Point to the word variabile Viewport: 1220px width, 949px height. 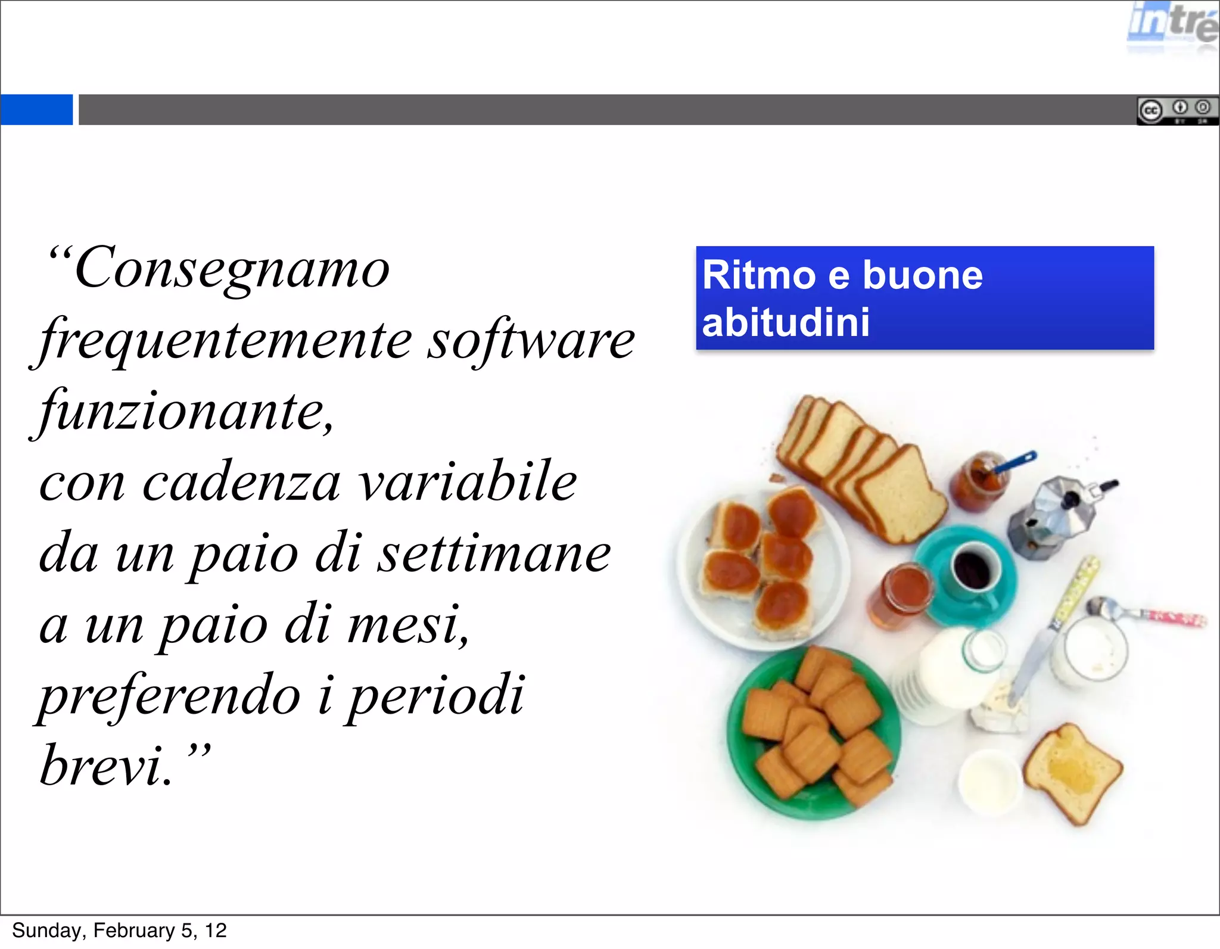point(468,483)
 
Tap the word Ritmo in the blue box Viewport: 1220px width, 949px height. point(758,275)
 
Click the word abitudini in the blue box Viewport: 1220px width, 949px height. point(786,323)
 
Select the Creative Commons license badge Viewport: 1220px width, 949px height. point(1177,110)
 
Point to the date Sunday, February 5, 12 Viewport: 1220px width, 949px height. point(119,931)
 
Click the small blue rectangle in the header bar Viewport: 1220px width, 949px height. point(36,110)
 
